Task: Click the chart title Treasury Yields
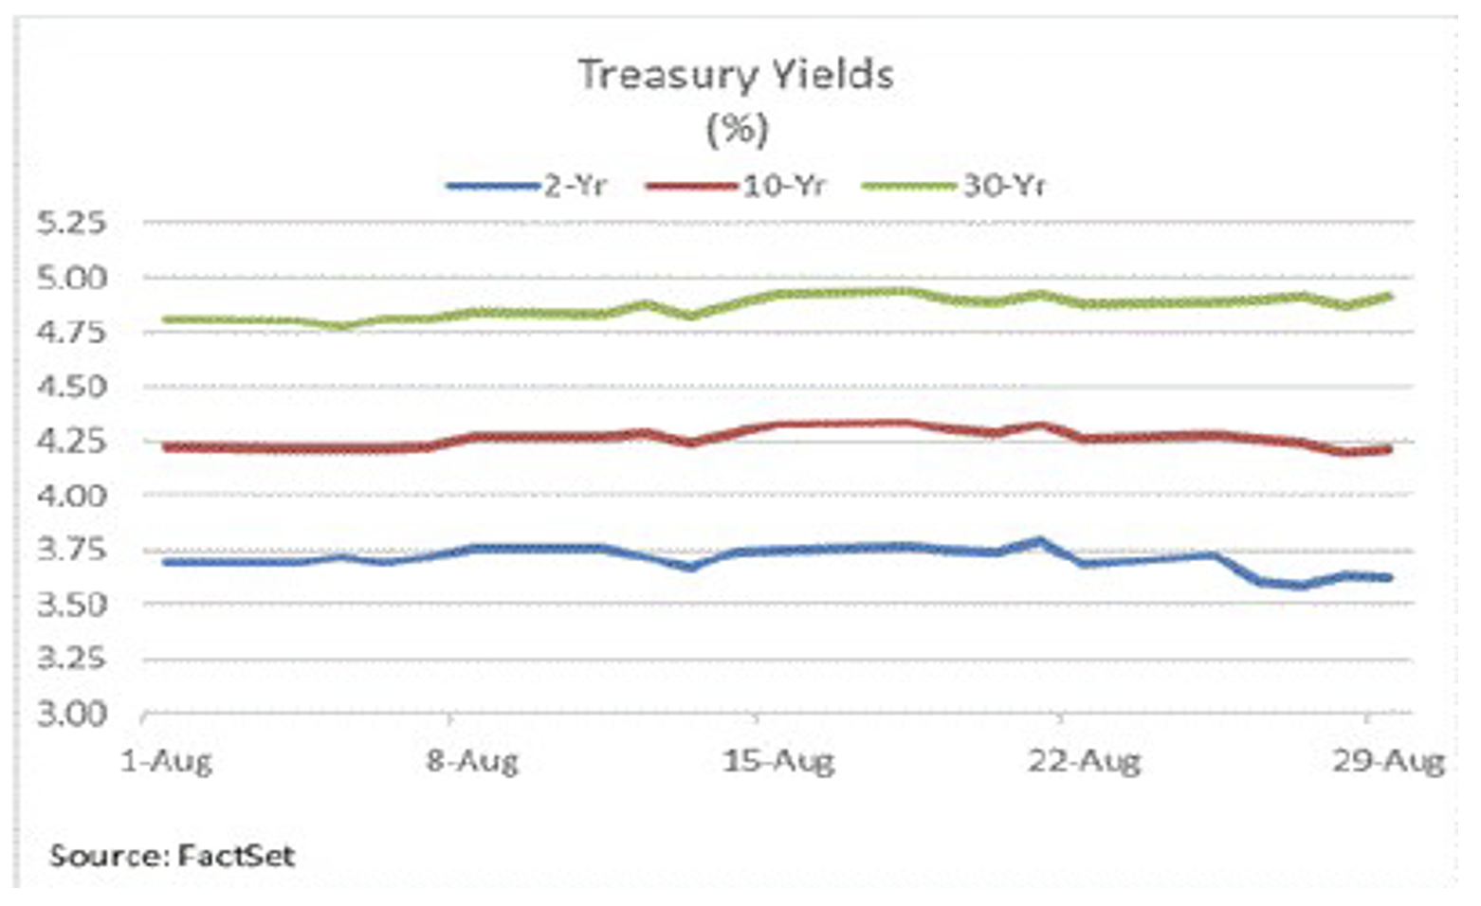coord(736,75)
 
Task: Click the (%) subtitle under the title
coord(737,128)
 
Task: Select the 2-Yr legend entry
coord(575,186)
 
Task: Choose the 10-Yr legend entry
coord(783,186)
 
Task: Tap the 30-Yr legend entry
coord(1004,186)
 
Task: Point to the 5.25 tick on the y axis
coord(71,224)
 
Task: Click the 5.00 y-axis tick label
coord(71,279)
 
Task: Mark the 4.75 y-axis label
coord(71,333)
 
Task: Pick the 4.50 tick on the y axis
coord(71,387)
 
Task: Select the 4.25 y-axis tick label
coord(71,442)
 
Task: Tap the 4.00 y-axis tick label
coord(71,496)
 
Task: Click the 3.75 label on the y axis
coord(71,550)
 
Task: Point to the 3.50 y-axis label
coord(71,605)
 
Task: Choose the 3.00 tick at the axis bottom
coord(71,714)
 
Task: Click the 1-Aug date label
coord(167,761)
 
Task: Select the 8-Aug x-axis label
coord(472,761)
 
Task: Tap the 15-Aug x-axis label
coord(778,761)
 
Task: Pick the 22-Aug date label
coord(1084,761)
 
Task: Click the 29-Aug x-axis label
coord(1389,761)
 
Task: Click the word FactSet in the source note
coord(236,857)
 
